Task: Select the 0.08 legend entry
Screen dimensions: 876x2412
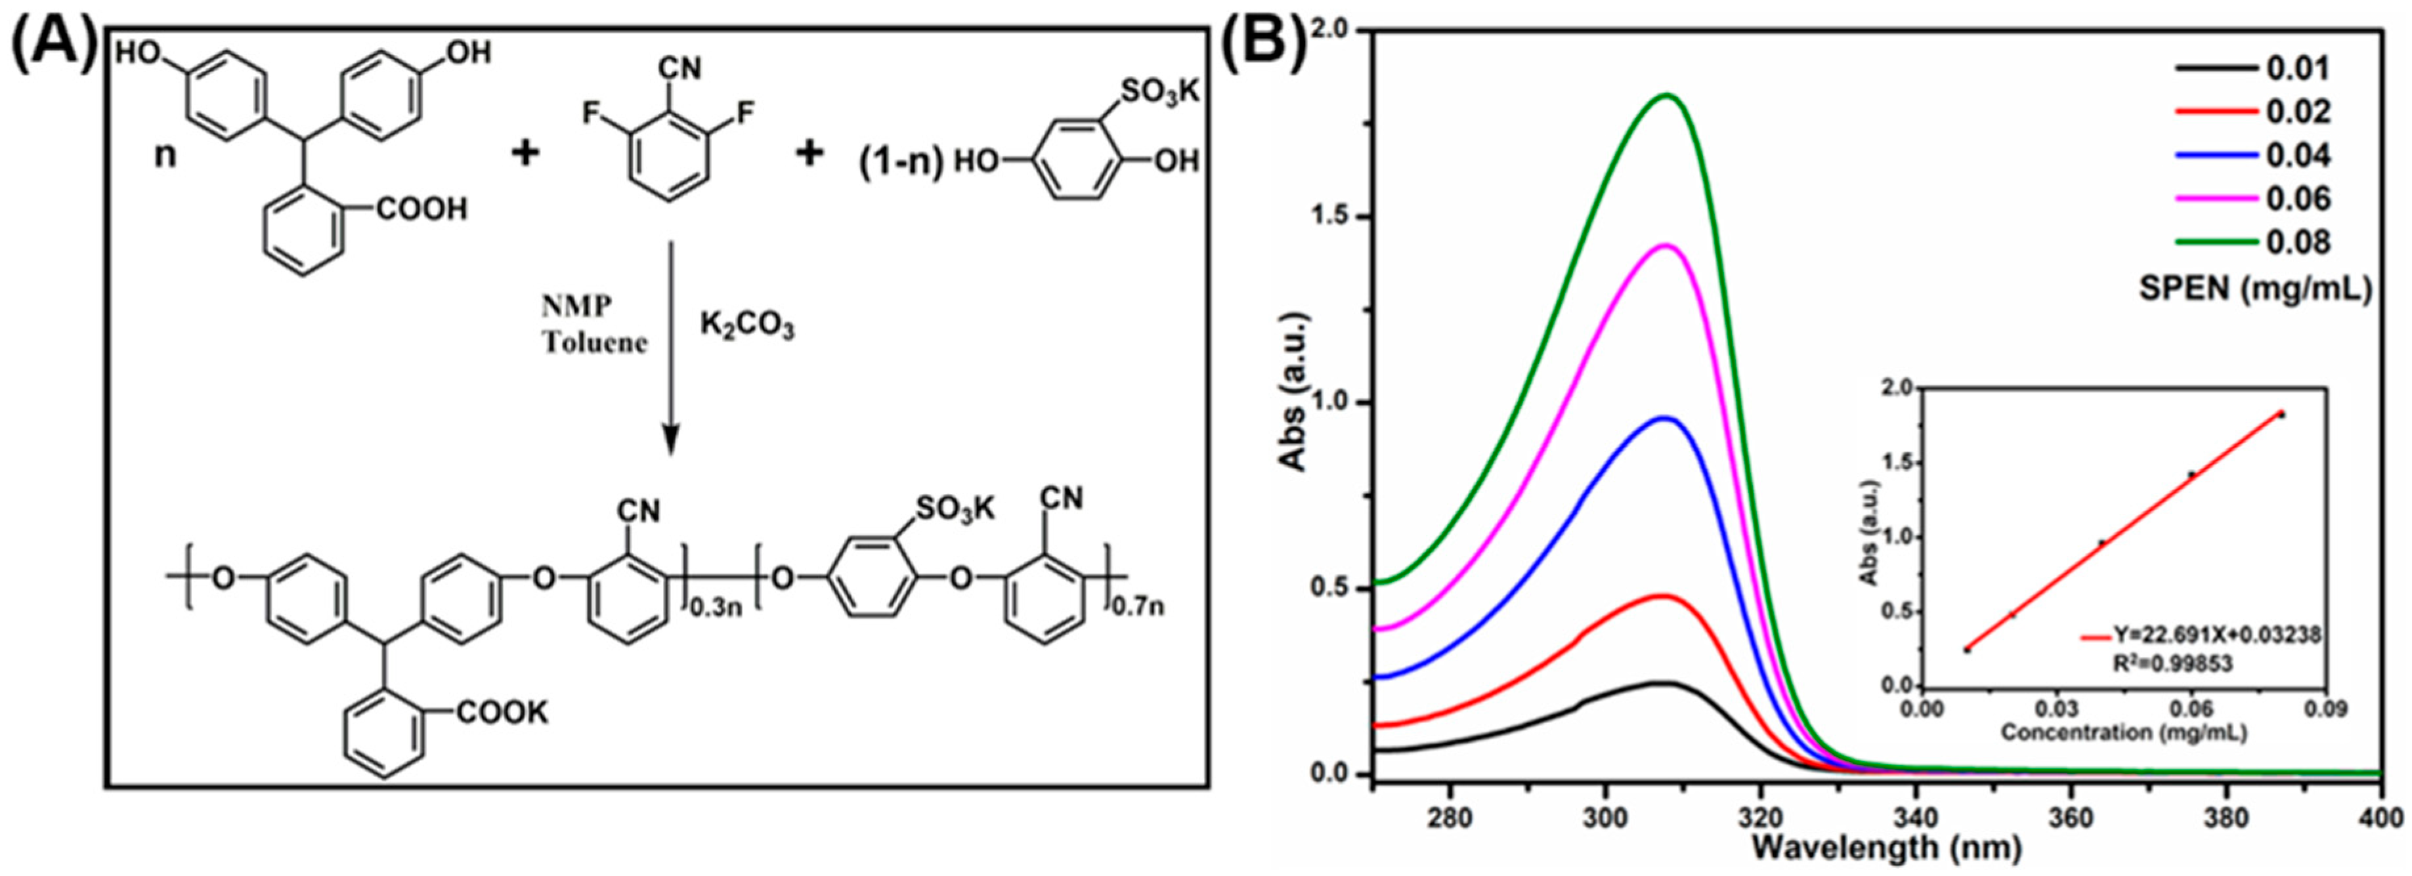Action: (2297, 242)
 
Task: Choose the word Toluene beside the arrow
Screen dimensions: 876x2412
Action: (595, 343)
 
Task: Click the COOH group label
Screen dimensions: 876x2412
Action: (421, 209)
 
